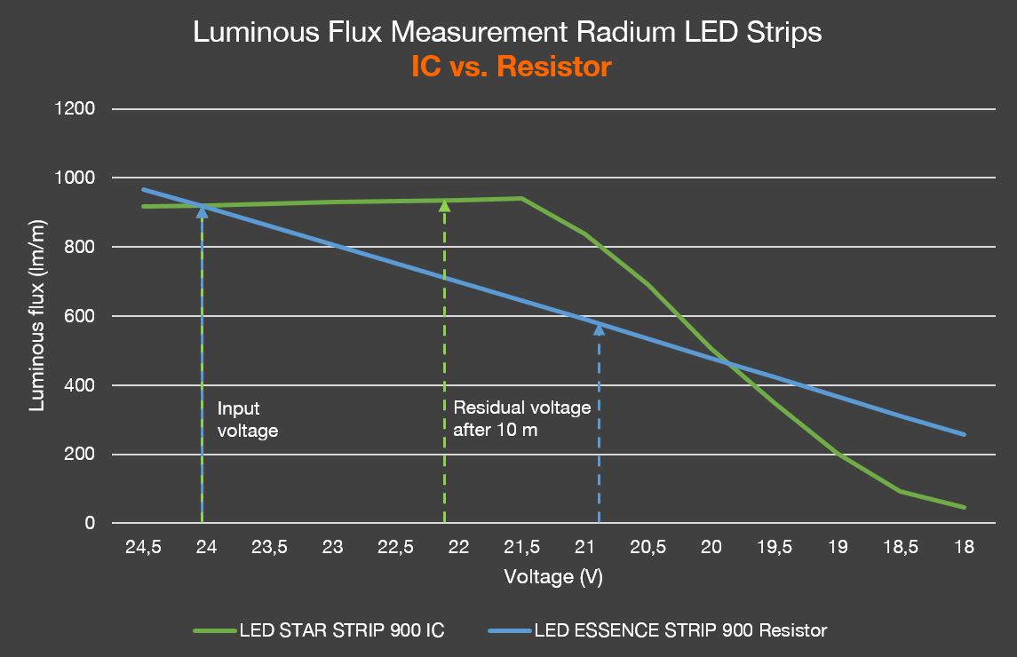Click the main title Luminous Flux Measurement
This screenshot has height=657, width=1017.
click(x=507, y=33)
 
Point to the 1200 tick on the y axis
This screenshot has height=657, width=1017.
click(x=77, y=109)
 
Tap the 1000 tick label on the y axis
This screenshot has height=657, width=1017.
click(x=77, y=178)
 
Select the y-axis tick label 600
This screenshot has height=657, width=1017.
click(x=81, y=316)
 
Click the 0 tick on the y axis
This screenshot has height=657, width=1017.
click(x=90, y=524)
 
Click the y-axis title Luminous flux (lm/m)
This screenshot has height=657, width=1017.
click(x=37, y=316)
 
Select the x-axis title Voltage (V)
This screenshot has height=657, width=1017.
click(x=553, y=577)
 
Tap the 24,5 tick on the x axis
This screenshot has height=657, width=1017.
click(x=143, y=548)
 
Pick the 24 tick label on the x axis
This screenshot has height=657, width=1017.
click(x=206, y=548)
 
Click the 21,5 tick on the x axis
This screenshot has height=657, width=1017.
click(x=521, y=548)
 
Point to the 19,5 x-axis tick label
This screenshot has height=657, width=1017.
click(x=774, y=548)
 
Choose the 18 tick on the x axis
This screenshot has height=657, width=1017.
click(x=963, y=548)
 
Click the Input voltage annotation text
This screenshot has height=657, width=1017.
click(x=248, y=420)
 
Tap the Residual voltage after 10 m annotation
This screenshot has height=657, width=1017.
click(x=521, y=419)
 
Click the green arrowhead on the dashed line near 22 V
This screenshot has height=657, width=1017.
click(x=444, y=206)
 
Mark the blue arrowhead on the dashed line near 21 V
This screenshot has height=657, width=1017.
click(x=599, y=328)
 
